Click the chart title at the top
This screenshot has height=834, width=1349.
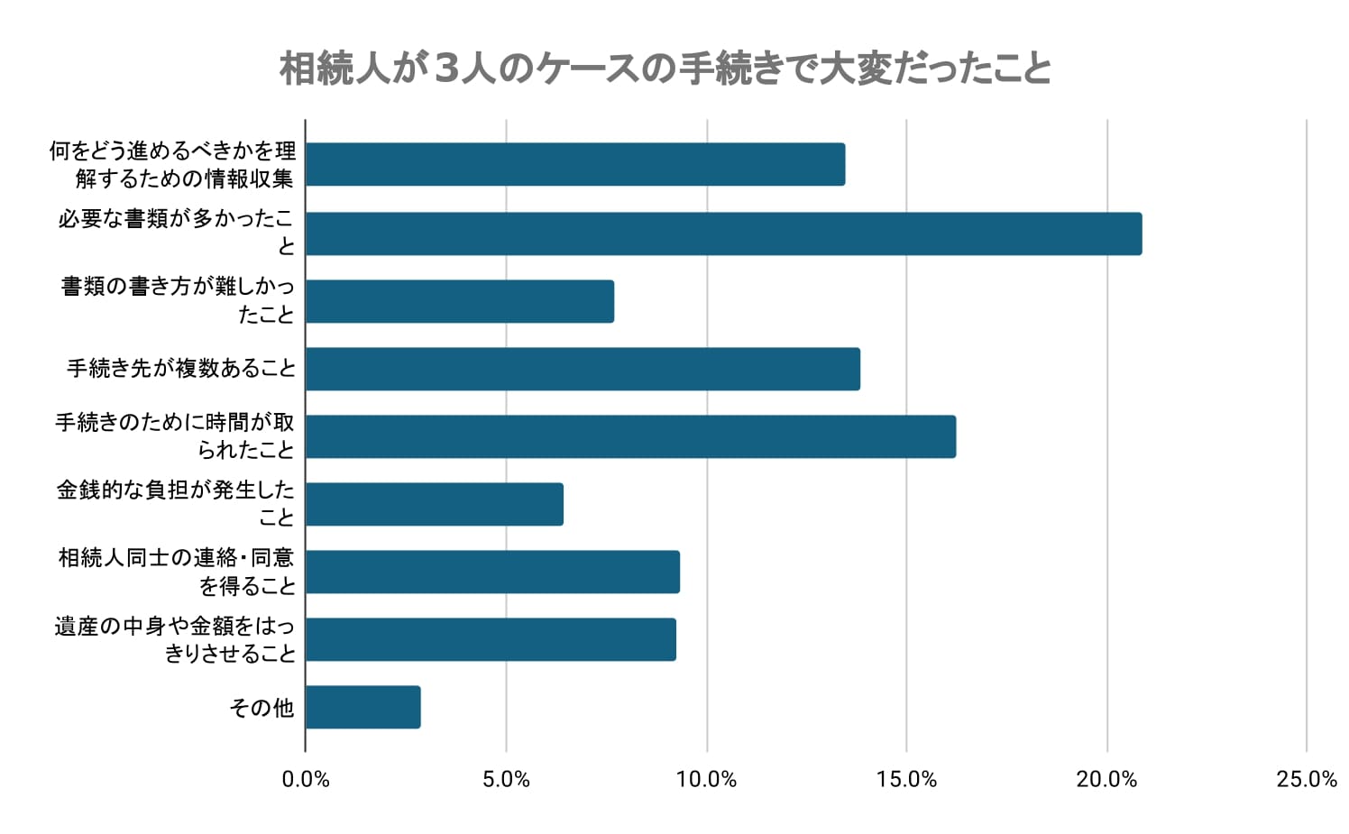665,69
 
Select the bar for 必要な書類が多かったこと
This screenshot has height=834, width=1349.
723,234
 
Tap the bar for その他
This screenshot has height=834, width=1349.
362,707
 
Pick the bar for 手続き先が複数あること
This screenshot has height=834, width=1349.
583,369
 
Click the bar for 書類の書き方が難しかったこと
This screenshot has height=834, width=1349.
460,301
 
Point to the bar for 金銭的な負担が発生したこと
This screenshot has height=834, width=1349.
435,504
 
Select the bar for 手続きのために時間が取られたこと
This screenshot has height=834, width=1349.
630,436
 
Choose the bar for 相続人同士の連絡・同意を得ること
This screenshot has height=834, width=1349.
492,572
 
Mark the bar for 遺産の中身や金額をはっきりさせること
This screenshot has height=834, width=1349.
491,639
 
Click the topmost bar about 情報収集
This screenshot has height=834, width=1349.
575,164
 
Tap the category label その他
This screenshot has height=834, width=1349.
262,708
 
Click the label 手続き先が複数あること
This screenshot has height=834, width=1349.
181,369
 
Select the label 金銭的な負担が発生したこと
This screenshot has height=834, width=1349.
176,503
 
